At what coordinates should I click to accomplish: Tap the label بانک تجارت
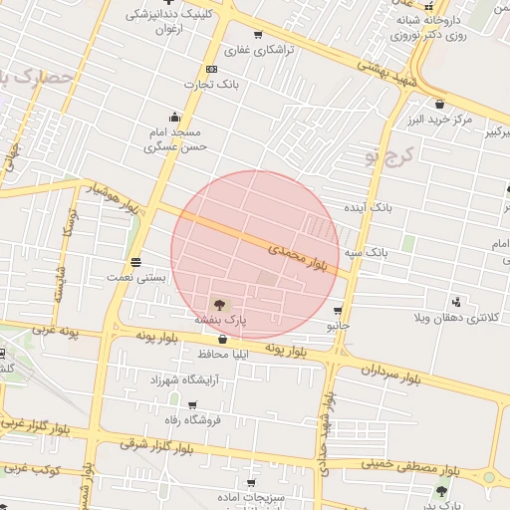211,86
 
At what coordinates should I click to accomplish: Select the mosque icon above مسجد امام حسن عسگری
175,116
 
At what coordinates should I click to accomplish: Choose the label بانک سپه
367,253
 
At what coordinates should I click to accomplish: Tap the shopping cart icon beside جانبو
339,311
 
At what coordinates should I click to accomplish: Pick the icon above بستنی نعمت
135,262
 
